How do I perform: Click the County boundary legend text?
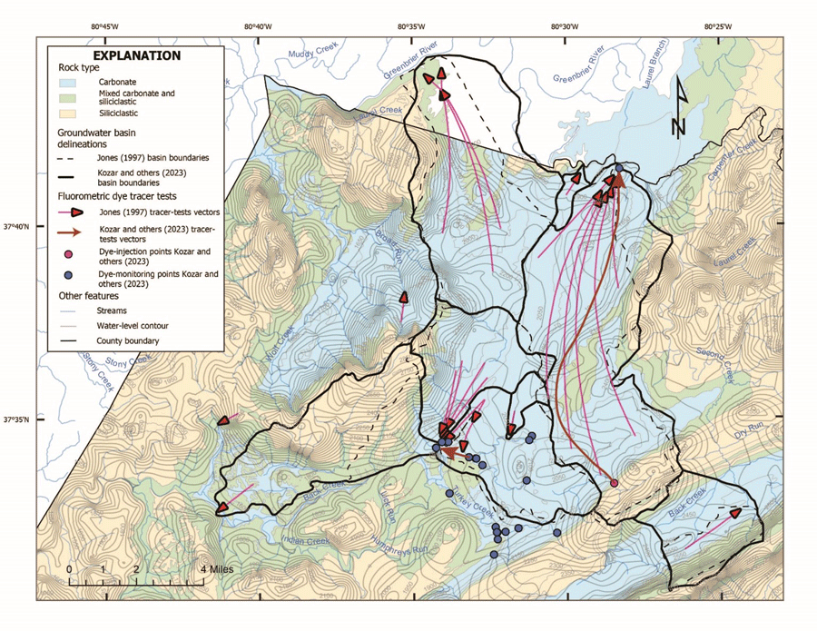tap(132, 340)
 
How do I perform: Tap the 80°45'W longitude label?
tap(104, 26)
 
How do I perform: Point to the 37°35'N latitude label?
tap(18, 419)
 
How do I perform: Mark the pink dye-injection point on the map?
tap(614, 483)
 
